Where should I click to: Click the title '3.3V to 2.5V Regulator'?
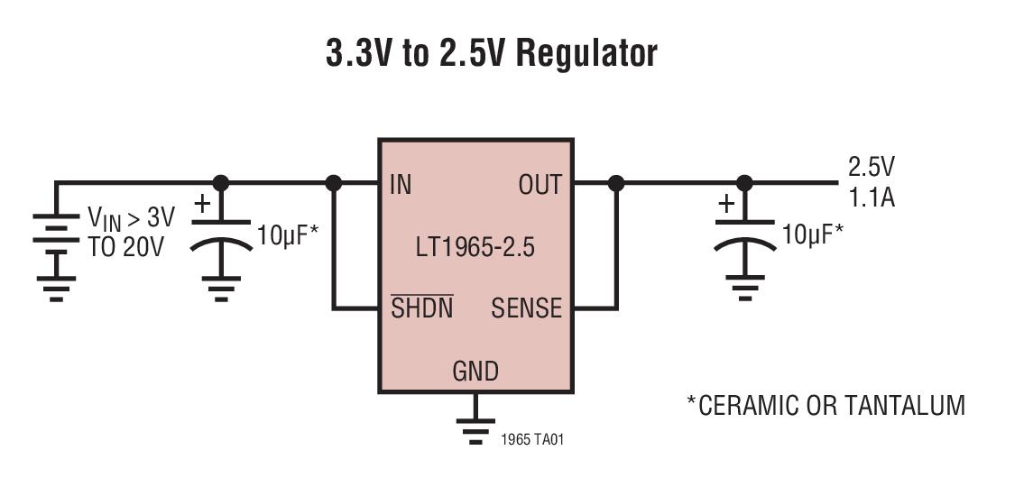pos(492,53)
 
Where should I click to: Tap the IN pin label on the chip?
pos(401,186)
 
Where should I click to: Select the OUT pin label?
pos(540,186)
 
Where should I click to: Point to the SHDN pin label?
pos(421,309)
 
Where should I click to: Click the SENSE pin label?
pos(526,309)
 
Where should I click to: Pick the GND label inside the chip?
pos(475,371)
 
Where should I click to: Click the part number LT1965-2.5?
pos(475,247)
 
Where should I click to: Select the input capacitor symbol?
pos(221,236)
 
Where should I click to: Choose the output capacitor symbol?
pos(744,236)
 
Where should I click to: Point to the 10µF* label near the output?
pos(812,234)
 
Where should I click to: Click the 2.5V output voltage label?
pos(871,167)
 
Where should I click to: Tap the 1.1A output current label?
pos(871,198)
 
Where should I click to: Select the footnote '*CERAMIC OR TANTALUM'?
pos(826,405)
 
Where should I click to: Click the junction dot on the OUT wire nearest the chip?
pos(616,183)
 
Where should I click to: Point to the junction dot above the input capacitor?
pos(220,183)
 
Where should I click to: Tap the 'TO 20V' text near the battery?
pos(126,247)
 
